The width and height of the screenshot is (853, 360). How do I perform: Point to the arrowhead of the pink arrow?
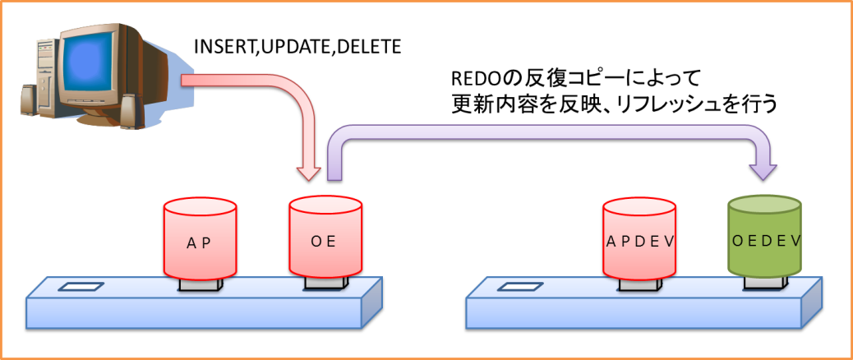click(309, 173)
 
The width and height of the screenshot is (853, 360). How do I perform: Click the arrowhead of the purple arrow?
click(764, 171)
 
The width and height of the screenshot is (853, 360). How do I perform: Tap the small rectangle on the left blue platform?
click(81, 287)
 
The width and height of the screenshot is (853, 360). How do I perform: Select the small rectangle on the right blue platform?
click(520, 287)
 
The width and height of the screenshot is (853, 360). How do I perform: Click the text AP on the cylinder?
click(200, 243)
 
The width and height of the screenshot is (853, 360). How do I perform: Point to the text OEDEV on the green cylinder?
click(765, 241)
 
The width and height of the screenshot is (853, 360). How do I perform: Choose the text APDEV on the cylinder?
click(639, 242)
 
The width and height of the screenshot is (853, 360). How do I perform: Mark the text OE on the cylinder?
click(325, 241)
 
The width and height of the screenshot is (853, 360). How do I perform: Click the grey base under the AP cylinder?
click(201, 285)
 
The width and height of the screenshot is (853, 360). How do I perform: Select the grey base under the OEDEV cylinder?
click(764, 283)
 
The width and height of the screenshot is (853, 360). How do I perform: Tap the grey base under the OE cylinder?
click(325, 283)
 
